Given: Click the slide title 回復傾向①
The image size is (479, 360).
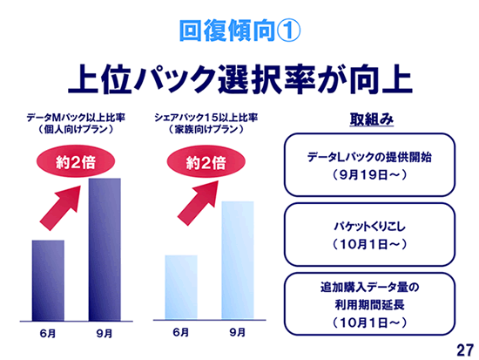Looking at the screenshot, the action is [x=239, y=31].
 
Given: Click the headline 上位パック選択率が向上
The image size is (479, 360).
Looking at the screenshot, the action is [x=240, y=79].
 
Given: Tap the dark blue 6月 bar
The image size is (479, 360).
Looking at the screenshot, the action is [x=48, y=281].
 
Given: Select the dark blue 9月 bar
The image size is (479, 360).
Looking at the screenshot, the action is [x=105, y=249].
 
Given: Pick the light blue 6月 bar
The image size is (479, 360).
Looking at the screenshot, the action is [x=181, y=288].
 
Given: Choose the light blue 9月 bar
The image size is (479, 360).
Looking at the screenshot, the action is [x=238, y=261].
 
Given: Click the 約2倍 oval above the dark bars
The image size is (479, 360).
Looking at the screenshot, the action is [x=76, y=162].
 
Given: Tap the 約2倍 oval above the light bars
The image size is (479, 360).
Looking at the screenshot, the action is [x=206, y=162].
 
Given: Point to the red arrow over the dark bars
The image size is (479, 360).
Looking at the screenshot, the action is [x=60, y=208].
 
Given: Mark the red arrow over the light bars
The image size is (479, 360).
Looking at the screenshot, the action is [x=198, y=203].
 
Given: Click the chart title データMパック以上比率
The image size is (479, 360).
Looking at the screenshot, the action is [x=76, y=118].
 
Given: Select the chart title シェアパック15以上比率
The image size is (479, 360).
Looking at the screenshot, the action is [x=206, y=118].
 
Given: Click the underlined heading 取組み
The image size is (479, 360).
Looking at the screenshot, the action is [x=372, y=119].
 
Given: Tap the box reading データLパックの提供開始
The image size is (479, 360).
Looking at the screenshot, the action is [x=369, y=165].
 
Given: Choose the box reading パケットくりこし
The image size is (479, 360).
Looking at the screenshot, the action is [x=369, y=234].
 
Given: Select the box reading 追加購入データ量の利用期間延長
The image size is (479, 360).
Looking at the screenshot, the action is [x=369, y=304].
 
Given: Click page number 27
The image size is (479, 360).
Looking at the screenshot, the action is [x=465, y=350].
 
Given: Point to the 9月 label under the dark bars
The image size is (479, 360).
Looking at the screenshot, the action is [x=105, y=333].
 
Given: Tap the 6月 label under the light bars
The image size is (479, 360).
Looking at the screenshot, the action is [x=181, y=332].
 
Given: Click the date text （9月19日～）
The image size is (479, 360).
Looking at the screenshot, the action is [x=369, y=175].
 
